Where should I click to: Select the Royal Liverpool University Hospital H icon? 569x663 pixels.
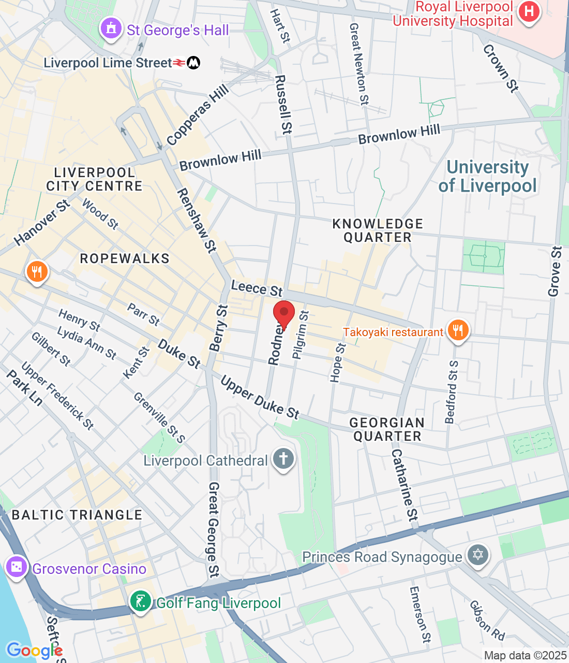529,11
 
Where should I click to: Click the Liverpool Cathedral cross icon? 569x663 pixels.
283,458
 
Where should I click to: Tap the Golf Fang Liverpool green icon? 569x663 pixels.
140,601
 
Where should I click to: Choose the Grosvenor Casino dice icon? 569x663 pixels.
17,567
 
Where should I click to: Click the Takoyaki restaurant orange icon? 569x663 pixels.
457,330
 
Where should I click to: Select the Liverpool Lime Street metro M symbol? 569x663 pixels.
193,63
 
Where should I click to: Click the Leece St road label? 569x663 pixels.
257,288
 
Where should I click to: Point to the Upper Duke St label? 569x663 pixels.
260,398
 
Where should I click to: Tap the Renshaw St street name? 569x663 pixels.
197,221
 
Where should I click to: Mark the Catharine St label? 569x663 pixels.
404,485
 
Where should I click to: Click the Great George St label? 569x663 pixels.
213,529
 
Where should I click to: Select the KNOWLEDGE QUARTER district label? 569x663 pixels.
378,230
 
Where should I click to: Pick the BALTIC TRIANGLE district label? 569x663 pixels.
77,515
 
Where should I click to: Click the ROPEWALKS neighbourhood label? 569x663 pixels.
125,258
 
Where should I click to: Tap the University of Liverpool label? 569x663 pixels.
488,176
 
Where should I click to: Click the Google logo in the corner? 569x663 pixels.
34,651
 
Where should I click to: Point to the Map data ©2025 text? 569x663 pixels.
525,656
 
